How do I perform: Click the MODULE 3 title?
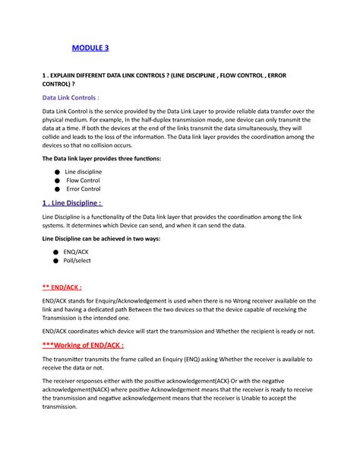coord(90,49)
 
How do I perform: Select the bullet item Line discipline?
coord(84,172)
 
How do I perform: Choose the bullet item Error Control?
coord(83,189)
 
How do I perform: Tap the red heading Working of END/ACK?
coord(83,344)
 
